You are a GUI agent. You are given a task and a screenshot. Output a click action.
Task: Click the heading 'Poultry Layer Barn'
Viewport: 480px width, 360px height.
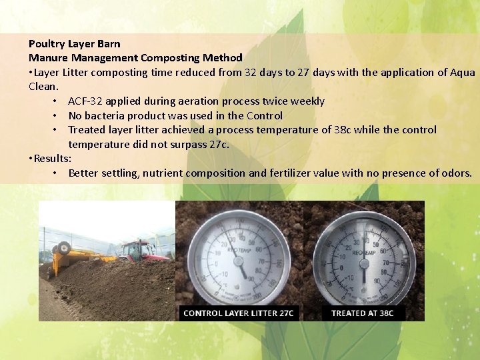pyautogui.click(x=75, y=44)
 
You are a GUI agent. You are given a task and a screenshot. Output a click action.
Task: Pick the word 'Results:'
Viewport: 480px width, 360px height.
pyautogui.click(x=53, y=159)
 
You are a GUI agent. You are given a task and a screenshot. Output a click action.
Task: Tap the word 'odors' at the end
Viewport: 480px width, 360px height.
pyautogui.click(x=455, y=173)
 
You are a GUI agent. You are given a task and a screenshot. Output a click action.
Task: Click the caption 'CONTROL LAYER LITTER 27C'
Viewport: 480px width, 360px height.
pyautogui.click(x=239, y=313)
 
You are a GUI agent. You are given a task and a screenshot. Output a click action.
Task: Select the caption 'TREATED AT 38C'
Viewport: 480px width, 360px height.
pyautogui.click(x=362, y=313)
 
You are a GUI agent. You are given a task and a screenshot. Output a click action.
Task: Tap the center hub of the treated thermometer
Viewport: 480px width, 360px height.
pyautogui.click(x=364, y=261)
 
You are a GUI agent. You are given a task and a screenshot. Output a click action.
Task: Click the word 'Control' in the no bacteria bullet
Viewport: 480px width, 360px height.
pyautogui.click(x=264, y=115)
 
